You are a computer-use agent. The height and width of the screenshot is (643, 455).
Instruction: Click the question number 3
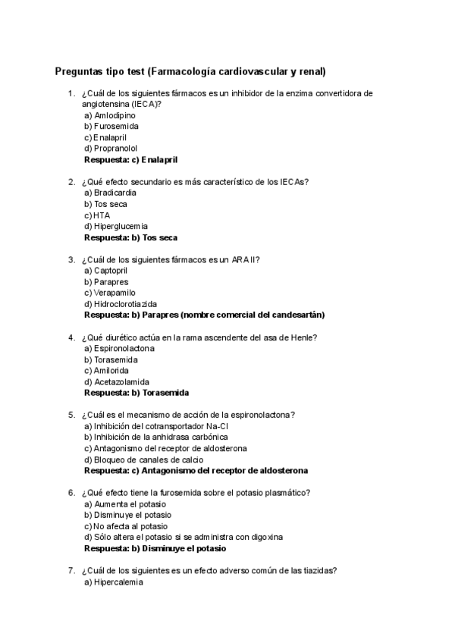pyautogui.click(x=71, y=259)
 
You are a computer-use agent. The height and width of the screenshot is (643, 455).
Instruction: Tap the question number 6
pyautogui.click(x=71, y=492)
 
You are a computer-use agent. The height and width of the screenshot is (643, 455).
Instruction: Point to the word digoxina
pyautogui.click(x=265, y=537)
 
